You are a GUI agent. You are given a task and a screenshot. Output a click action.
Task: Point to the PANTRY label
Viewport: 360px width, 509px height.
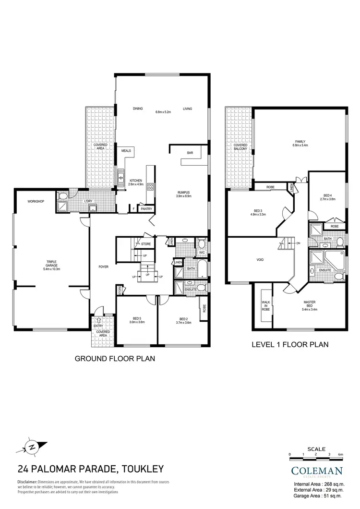pos(146,209)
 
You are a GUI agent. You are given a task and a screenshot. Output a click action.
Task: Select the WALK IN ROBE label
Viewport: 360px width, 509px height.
pos(265,306)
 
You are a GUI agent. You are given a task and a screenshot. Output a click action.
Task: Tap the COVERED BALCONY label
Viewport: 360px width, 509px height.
pos(240,147)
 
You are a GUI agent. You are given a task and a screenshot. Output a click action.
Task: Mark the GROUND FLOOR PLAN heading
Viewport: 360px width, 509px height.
pos(114,359)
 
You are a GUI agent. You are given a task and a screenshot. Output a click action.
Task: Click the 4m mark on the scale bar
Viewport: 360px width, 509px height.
pos(340,454)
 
